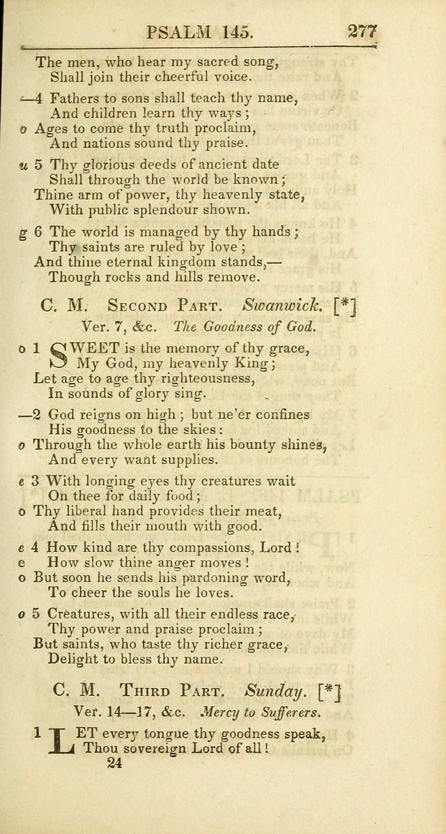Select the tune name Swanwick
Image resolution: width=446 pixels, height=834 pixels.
[282, 305]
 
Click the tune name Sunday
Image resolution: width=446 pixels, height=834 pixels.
[276, 692]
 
